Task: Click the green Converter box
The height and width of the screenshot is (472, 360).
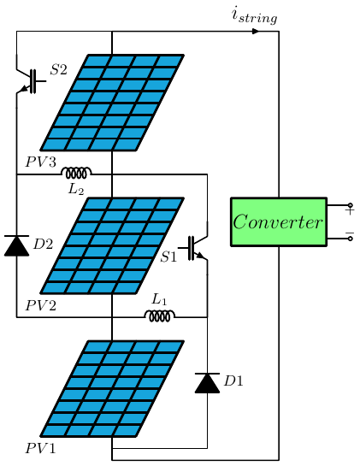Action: tap(279, 221)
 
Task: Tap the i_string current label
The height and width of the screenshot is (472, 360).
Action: tap(254, 15)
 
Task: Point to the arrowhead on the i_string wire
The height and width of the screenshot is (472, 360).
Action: tap(255, 32)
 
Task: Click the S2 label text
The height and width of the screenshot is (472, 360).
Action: tap(58, 69)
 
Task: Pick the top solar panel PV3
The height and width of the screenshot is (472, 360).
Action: tap(112, 103)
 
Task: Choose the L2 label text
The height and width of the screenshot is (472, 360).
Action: tap(76, 188)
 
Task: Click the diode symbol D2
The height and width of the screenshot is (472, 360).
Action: tap(16, 246)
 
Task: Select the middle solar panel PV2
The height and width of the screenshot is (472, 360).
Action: tap(112, 245)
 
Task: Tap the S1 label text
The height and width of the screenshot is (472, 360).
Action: tap(168, 257)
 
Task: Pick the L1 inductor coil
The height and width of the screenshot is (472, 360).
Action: tap(160, 316)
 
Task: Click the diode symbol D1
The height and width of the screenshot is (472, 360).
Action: tap(207, 382)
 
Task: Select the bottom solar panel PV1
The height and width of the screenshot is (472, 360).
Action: tap(112, 388)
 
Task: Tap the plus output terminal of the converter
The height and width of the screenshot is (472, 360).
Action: tap(350, 206)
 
